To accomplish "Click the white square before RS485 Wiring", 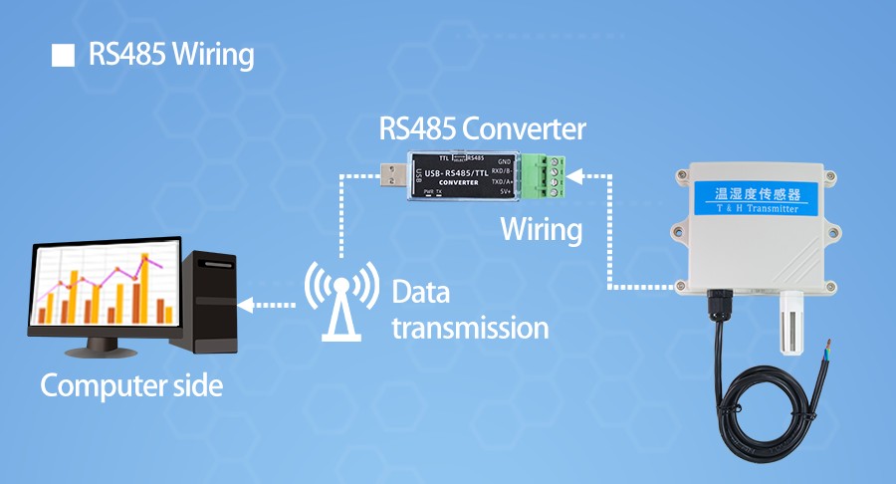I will tap(64, 55).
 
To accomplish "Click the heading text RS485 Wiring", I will tap(171, 55).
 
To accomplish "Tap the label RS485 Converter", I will tap(482, 129).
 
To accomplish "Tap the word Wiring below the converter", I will tap(541, 230).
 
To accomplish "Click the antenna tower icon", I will tap(341, 300).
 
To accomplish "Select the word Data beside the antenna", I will tap(421, 293).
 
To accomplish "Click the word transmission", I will tap(470, 327).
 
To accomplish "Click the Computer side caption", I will tap(131, 386).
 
